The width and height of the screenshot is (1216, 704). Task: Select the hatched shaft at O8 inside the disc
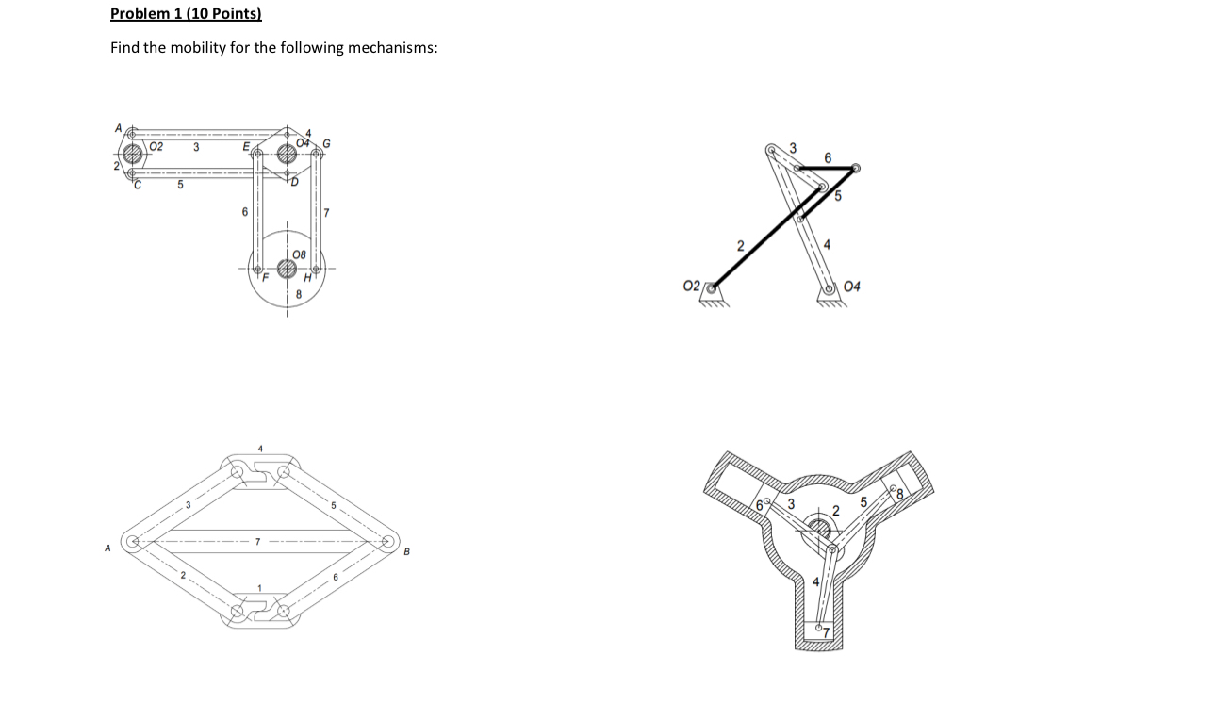coord(287,270)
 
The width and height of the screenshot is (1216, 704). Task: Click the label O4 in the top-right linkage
coord(852,287)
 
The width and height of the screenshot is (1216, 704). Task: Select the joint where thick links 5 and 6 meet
coord(854,170)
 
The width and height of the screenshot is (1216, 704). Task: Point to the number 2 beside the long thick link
coord(740,247)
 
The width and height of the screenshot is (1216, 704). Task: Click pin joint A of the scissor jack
coord(135,542)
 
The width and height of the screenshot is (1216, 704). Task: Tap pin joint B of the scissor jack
coord(387,542)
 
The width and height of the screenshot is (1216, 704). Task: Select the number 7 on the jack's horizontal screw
coord(256,542)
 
